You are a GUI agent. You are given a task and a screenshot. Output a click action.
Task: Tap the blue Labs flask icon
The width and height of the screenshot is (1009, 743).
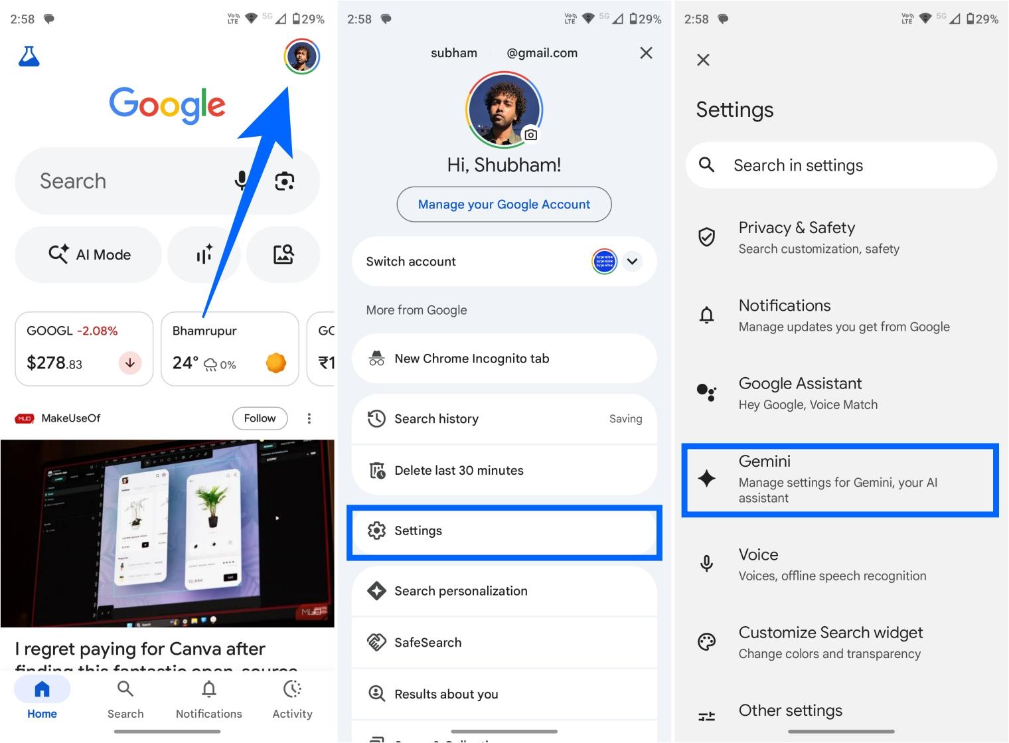pos(29,56)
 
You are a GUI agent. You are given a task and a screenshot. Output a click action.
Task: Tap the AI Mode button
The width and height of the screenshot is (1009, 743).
pos(89,254)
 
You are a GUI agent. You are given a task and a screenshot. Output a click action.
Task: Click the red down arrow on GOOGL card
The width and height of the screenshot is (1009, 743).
pos(130,363)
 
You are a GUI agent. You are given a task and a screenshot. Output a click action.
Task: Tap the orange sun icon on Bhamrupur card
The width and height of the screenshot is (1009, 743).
pos(275,363)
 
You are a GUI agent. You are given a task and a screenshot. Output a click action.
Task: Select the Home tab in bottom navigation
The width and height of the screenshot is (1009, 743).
pos(42,699)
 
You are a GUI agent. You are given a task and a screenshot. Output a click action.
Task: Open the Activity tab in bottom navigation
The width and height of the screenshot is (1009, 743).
pos(292,699)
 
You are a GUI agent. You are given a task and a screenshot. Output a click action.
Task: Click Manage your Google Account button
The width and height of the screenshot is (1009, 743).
pos(504,205)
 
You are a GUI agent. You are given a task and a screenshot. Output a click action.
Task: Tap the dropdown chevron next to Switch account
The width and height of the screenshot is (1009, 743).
pos(633,262)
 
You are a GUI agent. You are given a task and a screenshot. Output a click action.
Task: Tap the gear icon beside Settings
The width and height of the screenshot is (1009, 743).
pos(376,531)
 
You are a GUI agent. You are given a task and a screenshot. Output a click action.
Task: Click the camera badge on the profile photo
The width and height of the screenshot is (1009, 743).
pos(530,135)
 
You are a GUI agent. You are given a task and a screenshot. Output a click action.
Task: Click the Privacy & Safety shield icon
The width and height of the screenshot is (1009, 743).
pos(707,237)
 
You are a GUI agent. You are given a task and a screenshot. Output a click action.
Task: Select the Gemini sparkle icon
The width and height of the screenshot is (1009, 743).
pos(707,478)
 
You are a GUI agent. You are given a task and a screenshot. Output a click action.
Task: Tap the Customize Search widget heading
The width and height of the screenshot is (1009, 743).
pos(830,633)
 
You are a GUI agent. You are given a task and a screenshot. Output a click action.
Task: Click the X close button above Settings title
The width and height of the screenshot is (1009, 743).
pos(704,60)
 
